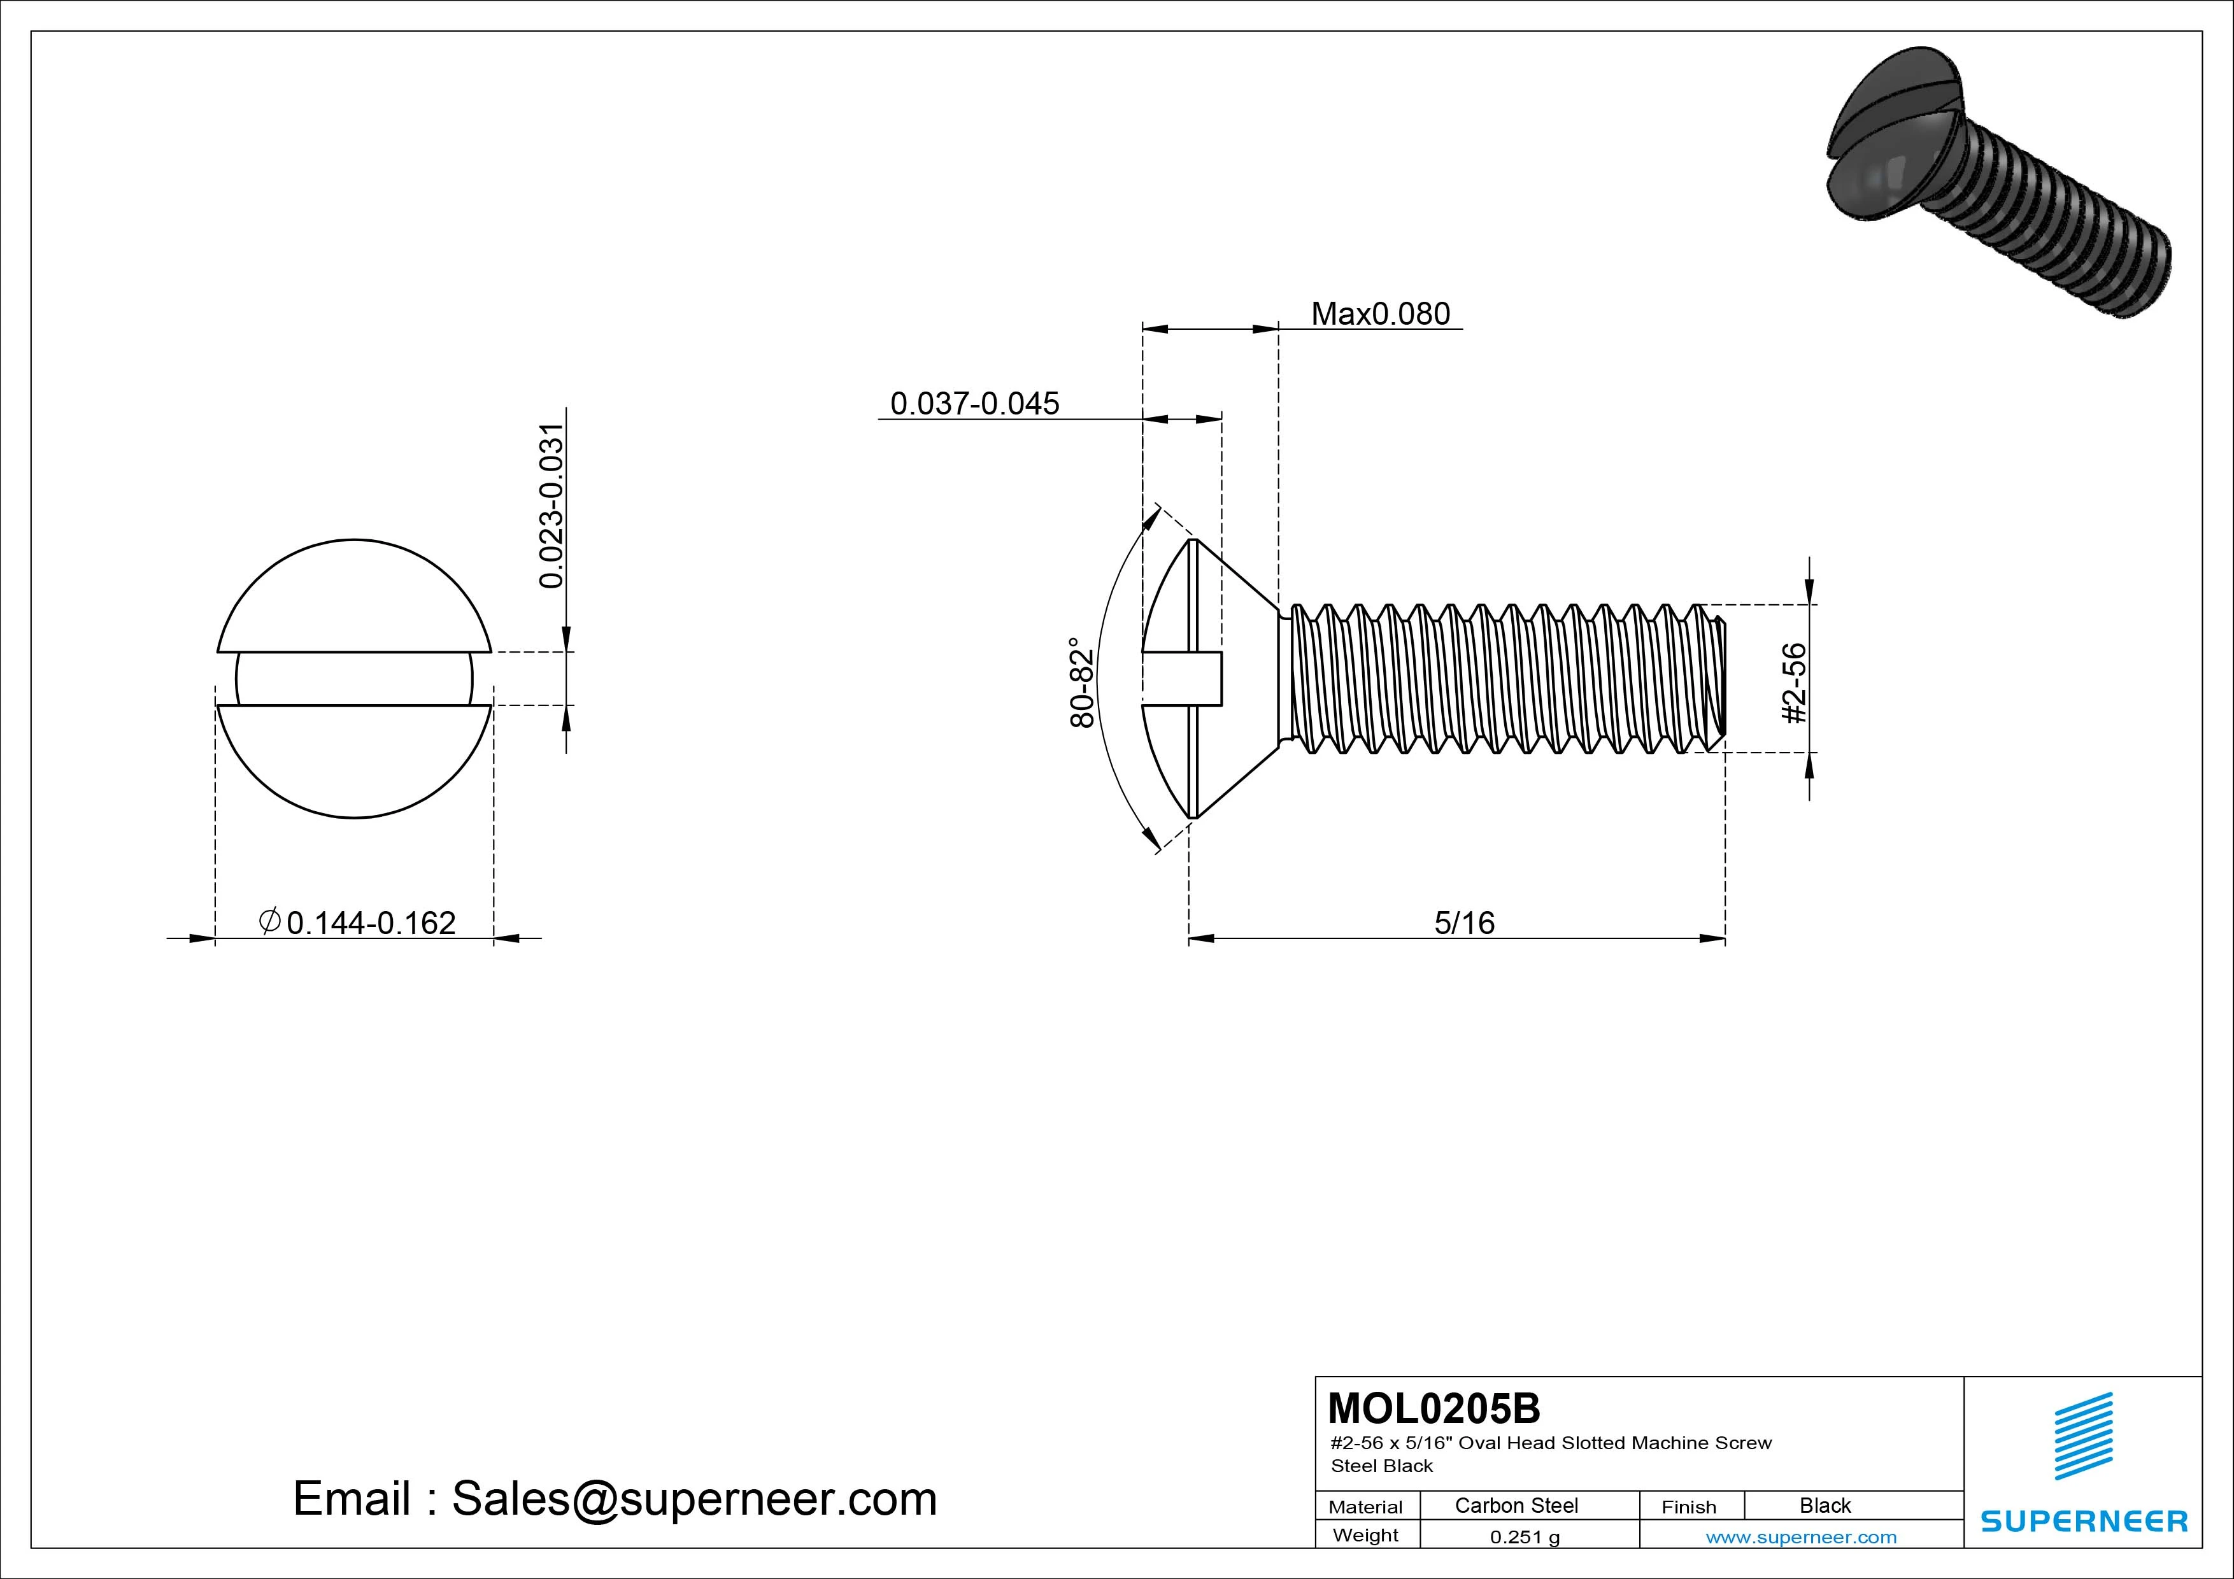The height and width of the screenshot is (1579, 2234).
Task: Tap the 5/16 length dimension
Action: pos(1463,923)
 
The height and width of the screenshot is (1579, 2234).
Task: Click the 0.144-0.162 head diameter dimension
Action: pos(371,923)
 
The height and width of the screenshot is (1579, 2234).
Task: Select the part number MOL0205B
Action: pos(1434,1408)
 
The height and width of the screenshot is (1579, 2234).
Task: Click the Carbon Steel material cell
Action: pos(1516,1505)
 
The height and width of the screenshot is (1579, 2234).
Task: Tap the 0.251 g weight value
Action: pos(1524,1537)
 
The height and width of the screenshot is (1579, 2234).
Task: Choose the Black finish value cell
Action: pos(1825,1505)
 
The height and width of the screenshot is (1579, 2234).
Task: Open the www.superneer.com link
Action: pos(1801,1537)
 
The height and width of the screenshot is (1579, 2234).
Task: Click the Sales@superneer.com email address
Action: pos(694,1499)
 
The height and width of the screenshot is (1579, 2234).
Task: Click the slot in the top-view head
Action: pos(354,678)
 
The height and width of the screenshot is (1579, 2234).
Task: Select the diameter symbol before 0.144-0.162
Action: pos(269,921)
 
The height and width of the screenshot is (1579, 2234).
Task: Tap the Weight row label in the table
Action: pos(1365,1535)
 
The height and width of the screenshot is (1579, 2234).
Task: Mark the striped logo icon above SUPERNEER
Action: pos(2082,1436)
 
